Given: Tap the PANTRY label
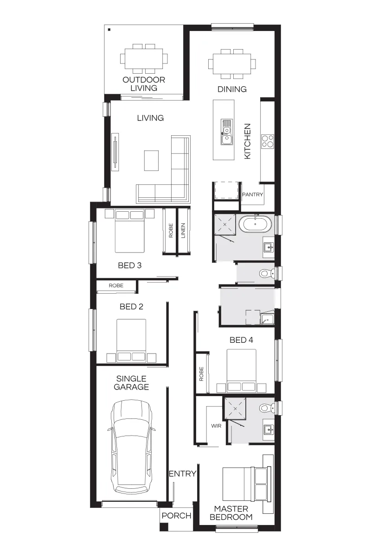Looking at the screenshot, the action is click(x=252, y=195).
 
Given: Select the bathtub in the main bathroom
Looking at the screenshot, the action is click(x=256, y=224).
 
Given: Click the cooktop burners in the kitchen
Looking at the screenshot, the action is click(x=268, y=141).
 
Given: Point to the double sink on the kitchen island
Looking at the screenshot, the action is click(x=226, y=132).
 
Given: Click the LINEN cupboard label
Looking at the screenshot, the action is click(x=183, y=231).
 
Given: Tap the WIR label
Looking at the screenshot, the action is click(x=216, y=426).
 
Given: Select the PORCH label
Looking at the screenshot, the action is click(x=176, y=516).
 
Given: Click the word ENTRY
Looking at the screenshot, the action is click(x=183, y=474).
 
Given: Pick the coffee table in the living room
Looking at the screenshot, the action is click(x=151, y=161).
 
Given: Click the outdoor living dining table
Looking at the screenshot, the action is click(x=144, y=59).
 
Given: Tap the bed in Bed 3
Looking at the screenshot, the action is click(x=129, y=231).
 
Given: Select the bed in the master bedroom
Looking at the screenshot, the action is click(x=247, y=484).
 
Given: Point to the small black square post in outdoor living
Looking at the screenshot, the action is click(x=109, y=30).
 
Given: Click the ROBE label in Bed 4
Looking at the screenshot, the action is click(x=201, y=374).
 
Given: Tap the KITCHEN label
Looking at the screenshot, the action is click(x=247, y=141).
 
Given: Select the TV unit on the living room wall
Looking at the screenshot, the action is click(x=115, y=152).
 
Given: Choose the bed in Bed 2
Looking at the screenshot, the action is click(x=131, y=341).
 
